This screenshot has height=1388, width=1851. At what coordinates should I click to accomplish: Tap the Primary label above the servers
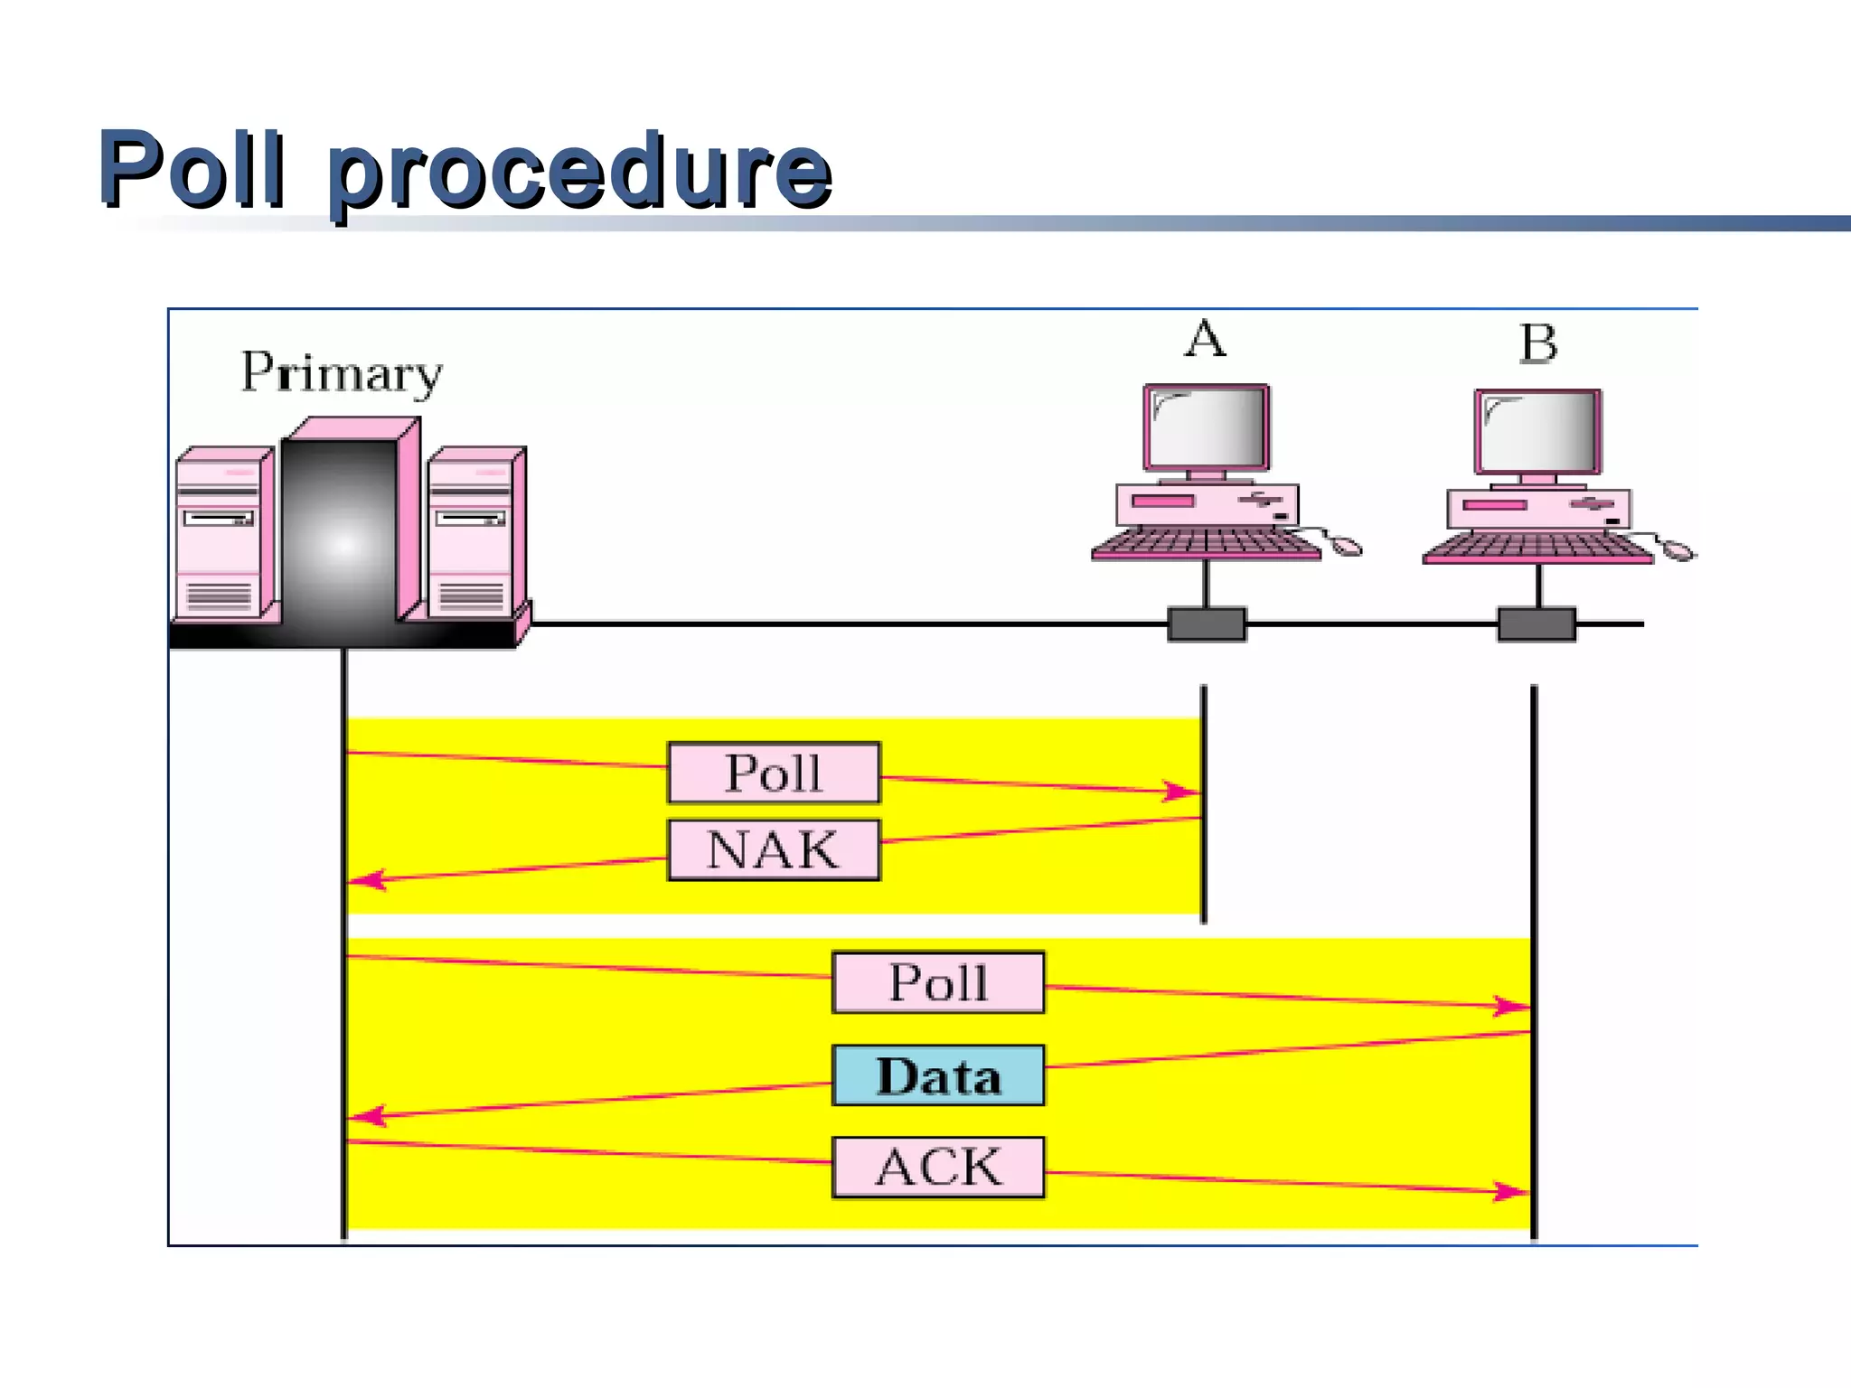(342, 372)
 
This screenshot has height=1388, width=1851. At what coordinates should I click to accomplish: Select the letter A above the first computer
(1206, 340)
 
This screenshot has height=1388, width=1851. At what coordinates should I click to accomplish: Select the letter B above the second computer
(1538, 344)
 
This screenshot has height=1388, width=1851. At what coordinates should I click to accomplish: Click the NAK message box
(774, 850)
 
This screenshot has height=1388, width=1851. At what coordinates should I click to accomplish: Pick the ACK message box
(938, 1168)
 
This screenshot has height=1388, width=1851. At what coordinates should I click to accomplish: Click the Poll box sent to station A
(774, 773)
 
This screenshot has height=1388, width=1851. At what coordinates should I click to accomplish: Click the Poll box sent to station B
(938, 982)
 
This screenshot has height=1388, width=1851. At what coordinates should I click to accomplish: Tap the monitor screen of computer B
(1538, 432)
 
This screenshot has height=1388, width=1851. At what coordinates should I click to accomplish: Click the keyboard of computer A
(1206, 544)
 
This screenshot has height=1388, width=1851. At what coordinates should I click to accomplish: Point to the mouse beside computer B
(1679, 549)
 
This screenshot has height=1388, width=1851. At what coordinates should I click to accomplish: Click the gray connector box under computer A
(1207, 624)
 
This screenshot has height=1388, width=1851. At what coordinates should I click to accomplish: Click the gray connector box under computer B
(1536, 624)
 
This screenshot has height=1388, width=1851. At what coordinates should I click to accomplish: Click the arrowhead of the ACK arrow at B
(1511, 1192)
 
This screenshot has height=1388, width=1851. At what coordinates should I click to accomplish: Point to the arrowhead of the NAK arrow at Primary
(369, 880)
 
